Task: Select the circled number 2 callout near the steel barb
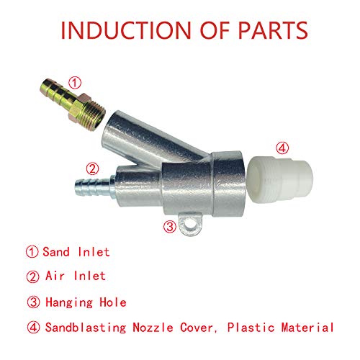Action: pos(91,170)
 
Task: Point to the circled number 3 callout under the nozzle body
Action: pos(170,226)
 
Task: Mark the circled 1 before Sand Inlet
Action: pos(32,252)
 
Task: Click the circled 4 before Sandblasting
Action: pos(32,327)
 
